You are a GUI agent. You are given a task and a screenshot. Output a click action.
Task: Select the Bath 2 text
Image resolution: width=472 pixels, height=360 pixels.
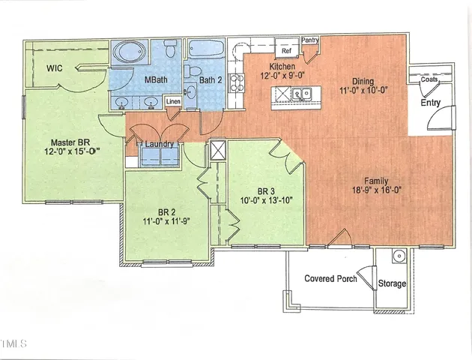click(212, 79)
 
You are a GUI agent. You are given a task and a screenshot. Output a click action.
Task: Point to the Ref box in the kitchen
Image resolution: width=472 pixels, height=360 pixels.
click(286, 51)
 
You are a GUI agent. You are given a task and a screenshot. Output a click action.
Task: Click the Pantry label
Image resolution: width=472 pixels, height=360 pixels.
click(310, 40)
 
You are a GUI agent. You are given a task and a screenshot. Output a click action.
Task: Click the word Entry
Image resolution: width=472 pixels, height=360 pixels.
click(431, 103)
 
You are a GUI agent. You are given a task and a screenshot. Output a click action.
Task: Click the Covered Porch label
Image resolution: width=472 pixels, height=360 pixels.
click(330, 279)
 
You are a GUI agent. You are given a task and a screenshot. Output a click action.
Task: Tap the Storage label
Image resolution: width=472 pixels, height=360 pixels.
click(392, 283)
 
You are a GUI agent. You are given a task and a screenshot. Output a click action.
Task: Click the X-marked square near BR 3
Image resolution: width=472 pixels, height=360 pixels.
click(220, 150)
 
